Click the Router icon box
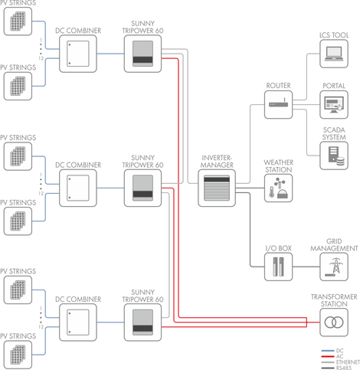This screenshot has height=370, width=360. (x=278, y=105)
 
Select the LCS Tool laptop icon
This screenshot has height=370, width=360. (x=334, y=54)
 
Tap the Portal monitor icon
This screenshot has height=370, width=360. (x=334, y=105)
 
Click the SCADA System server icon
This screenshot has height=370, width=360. (x=334, y=156)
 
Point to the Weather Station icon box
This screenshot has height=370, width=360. (x=278, y=188)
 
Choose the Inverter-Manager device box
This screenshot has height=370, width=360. (x=217, y=188)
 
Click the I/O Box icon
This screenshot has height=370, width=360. (x=278, y=267)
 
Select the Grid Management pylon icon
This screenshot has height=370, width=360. (x=334, y=267)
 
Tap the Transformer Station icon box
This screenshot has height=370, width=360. (x=334, y=323)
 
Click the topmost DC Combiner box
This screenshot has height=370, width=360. (x=78, y=54)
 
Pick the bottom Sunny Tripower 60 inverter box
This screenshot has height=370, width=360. (x=142, y=323)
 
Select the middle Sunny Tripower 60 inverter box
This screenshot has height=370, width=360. (x=142, y=188)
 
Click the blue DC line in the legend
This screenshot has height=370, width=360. (x=328, y=351)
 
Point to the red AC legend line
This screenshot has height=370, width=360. (x=328, y=356)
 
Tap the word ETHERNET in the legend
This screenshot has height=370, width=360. (x=348, y=362)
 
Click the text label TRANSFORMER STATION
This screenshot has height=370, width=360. (x=334, y=300)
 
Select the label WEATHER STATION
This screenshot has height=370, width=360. (x=278, y=166)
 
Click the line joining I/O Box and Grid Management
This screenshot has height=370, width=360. (x=306, y=267)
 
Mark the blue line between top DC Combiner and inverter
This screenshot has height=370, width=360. (x=110, y=54)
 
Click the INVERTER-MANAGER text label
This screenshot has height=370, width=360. (x=217, y=162)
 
